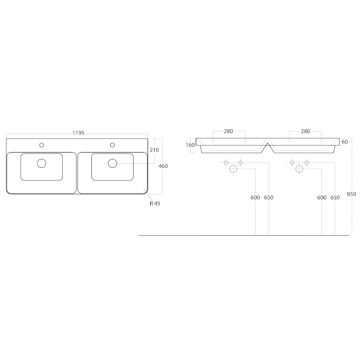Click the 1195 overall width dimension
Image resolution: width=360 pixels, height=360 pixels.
pos(78,133)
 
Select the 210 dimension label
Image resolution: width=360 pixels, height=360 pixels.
pos(154,150)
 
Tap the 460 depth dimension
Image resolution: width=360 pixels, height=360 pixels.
pos(163,166)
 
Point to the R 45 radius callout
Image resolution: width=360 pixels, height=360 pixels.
pos(155,203)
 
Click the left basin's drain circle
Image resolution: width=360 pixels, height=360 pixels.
pos(41,163)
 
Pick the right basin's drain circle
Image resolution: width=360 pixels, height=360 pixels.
pos(112,163)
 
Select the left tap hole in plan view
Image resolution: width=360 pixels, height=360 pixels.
pos(41,145)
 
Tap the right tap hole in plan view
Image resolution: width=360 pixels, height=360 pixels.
pos(112,145)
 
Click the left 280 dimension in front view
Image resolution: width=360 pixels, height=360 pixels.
pos(229,131)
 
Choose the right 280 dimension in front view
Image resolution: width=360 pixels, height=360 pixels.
pos(306,131)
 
